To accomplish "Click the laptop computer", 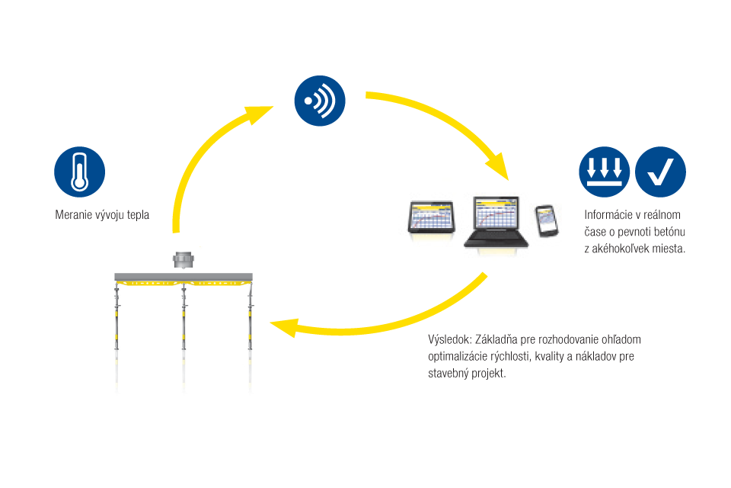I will [x=496, y=222].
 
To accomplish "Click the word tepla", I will [x=137, y=215].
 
